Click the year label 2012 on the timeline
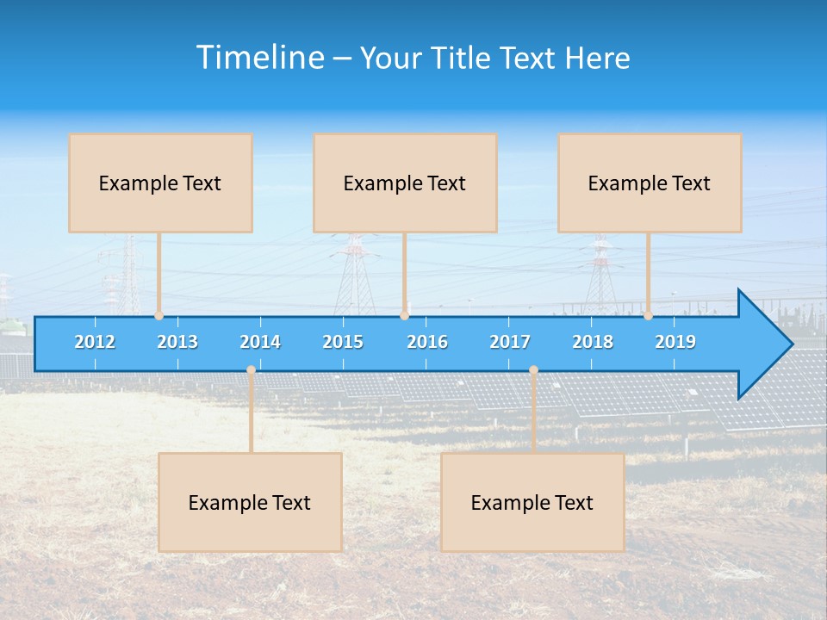click(x=95, y=342)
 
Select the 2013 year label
click(x=177, y=342)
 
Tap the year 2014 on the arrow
click(x=260, y=342)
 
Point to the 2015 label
click(x=343, y=342)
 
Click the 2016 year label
click(x=427, y=342)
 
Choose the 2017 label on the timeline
click(x=510, y=342)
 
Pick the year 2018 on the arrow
click(x=593, y=342)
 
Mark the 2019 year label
click(x=675, y=342)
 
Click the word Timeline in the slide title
click(x=258, y=58)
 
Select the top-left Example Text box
click(x=160, y=183)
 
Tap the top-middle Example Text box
click(x=405, y=183)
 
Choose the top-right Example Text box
click(x=650, y=183)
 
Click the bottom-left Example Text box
click(x=250, y=502)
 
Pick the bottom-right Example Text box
click(x=532, y=502)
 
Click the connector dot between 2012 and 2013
click(x=159, y=316)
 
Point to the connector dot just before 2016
click(x=404, y=316)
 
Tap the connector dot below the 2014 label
click(x=251, y=370)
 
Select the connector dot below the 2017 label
click(x=533, y=370)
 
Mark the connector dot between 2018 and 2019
click(x=648, y=316)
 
